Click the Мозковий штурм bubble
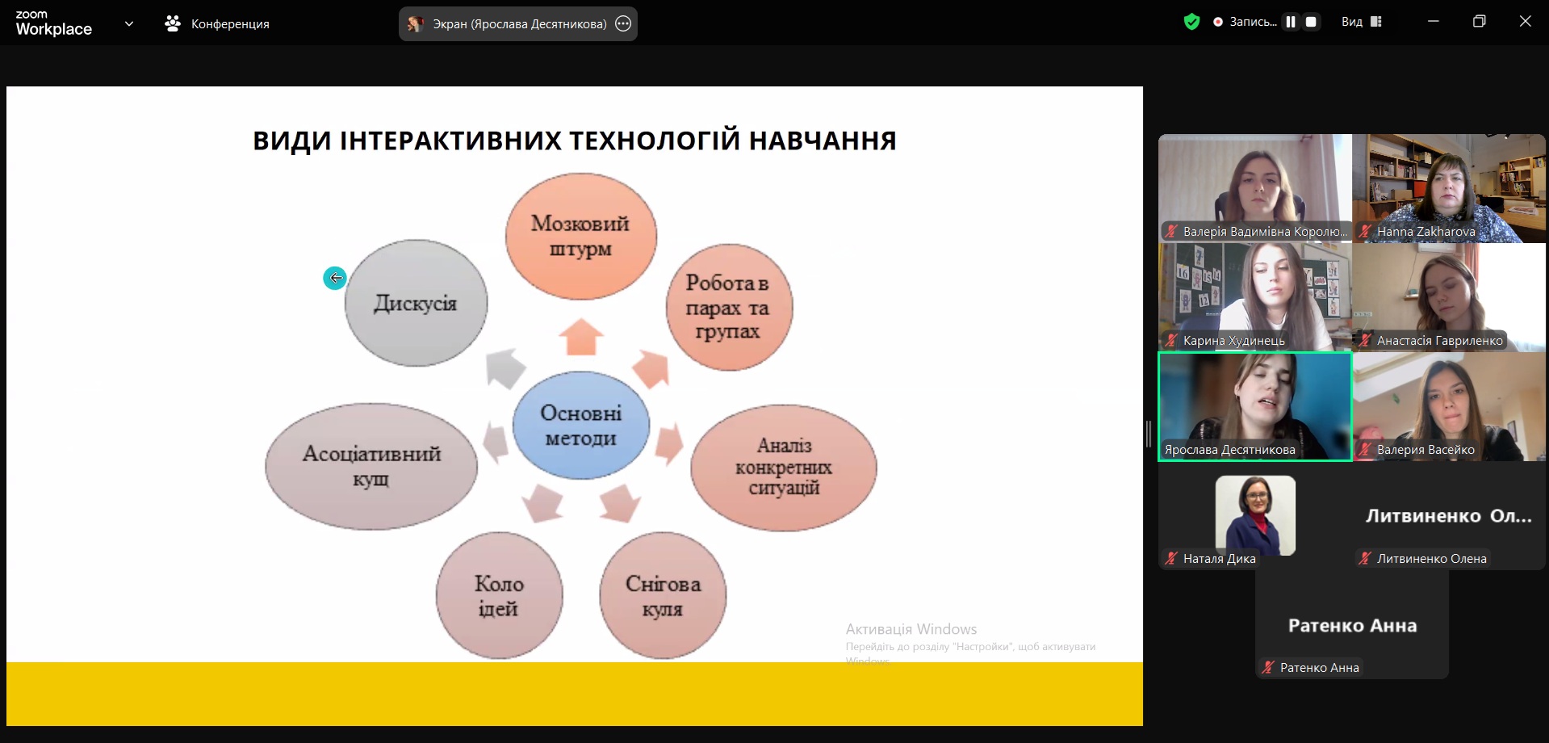[580, 236]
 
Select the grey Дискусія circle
[416, 303]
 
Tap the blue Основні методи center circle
[581, 426]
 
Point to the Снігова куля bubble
[663, 595]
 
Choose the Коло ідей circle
[499, 595]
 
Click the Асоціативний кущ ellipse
[371, 466]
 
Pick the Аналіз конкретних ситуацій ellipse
[783, 467]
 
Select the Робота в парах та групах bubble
[728, 307]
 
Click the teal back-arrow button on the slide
[335, 278]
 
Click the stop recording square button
[1311, 23]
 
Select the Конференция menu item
[217, 24]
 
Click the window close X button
[1525, 22]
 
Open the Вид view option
[1361, 23]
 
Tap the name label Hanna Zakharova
[1425, 232]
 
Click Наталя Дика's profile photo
[1255, 515]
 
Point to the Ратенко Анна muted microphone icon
[1268, 667]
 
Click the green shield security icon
[1191, 23]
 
